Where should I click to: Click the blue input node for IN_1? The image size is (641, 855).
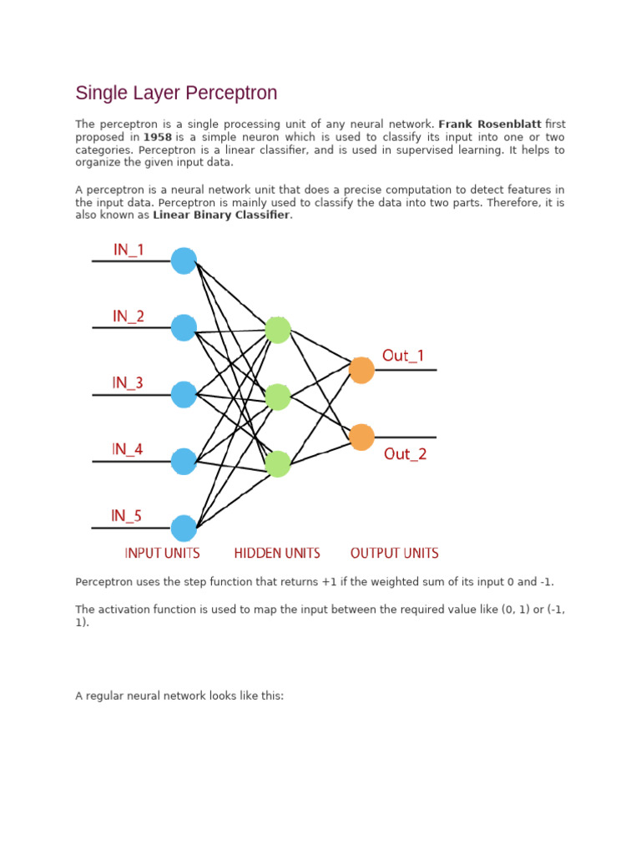pos(184,261)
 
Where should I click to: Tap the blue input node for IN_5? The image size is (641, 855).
pos(184,528)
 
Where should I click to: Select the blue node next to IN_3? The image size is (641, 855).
pos(184,394)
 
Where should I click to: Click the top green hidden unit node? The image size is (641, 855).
pos(278,330)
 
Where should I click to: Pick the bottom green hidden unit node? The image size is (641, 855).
pos(278,463)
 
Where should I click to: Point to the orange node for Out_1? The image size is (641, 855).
pos(361,370)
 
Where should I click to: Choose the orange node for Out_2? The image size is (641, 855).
pos(361,437)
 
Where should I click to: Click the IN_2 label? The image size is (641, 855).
pos(129,316)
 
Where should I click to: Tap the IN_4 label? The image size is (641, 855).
pos(128,449)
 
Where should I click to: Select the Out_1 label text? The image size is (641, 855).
pos(403,356)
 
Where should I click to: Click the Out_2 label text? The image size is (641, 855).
pos(405,454)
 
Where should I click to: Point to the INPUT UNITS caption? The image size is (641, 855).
pos(162,553)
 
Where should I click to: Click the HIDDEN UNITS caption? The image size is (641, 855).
pos(277,553)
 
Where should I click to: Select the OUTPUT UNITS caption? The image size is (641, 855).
pos(394,553)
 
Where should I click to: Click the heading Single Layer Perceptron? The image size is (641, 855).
pos(176,93)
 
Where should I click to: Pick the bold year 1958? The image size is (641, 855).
pos(158,137)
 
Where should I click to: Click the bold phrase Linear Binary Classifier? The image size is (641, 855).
pos(221,215)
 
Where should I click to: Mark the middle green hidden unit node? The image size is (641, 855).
pos(278,397)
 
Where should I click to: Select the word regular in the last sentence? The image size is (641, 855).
pos(105,695)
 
